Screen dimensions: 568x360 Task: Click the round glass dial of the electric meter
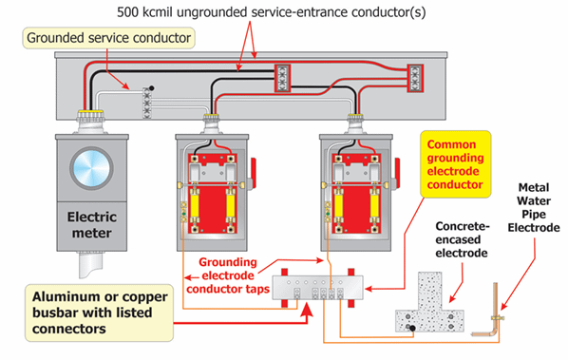click(x=91, y=168)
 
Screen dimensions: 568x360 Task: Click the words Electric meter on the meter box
click(x=91, y=224)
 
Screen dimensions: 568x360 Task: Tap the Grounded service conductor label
click(x=108, y=38)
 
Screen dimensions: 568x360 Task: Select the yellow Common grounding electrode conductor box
click(x=455, y=164)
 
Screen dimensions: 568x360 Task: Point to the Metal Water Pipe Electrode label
click(x=534, y=207)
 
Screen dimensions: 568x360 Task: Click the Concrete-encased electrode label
click(x=463, y=239)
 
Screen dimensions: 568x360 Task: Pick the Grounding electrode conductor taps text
click(x=228, y=275)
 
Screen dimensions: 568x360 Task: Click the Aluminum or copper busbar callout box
click(x=99, y=313)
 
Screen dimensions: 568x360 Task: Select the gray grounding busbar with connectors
click(x=317, y=288)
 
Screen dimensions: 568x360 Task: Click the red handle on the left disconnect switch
click(x=253, y=171)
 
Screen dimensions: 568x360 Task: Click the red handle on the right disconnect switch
click(x=397, y=171)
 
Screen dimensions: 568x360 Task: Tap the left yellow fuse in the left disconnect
click(x=196, y=205)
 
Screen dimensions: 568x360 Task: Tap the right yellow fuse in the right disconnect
click(x=374, y=205)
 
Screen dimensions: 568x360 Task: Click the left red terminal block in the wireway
click(x=282, y=78)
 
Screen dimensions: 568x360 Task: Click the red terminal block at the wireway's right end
click(x=415, y=78)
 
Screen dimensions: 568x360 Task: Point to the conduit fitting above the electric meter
click(x=90, y=122)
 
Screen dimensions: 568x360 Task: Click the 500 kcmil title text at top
click(x=272, y=12)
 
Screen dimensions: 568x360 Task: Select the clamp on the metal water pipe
click(x=498, y=318)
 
